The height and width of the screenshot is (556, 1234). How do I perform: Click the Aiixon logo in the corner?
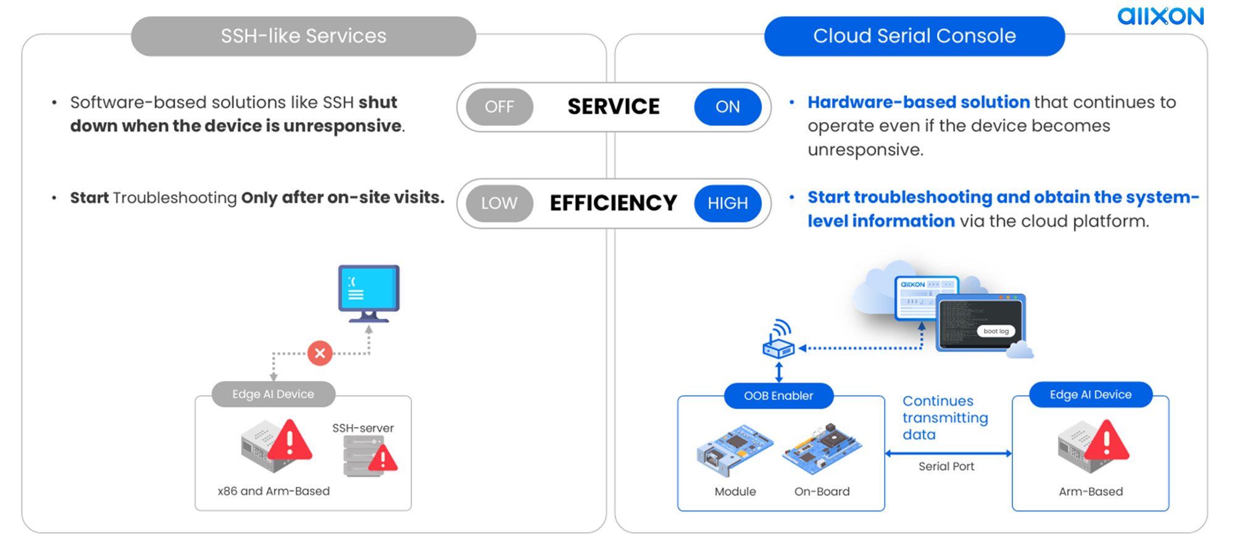pos(1160,16)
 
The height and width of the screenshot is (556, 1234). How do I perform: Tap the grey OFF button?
pos(499,107)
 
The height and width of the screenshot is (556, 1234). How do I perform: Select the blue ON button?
pos(727,107)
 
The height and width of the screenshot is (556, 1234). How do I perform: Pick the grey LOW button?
pos(499,203)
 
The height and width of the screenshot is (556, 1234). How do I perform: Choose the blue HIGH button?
pos(727,203)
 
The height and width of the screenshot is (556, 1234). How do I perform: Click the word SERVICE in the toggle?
pos(613,107)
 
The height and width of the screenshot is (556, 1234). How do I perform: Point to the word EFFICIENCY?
pos(613,203)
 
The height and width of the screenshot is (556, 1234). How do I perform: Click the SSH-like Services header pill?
pos(303,36)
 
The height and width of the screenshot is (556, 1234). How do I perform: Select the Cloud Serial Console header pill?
pos(914,36)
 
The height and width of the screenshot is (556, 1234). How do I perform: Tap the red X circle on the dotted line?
pos(320,353)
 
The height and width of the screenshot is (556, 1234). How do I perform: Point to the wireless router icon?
pos(778,341)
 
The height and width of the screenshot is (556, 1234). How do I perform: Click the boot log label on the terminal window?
pos(995,331)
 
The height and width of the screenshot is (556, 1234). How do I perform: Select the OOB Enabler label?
pos(778,396)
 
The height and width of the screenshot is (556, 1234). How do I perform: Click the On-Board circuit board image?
pos(822,448)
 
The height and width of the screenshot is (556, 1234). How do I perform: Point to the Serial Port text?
pos(946,466)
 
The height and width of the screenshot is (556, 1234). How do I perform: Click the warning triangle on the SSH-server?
pos(383,458)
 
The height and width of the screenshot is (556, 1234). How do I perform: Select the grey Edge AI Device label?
pos(273,394)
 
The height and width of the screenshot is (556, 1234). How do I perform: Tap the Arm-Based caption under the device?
pos(1090,492)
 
